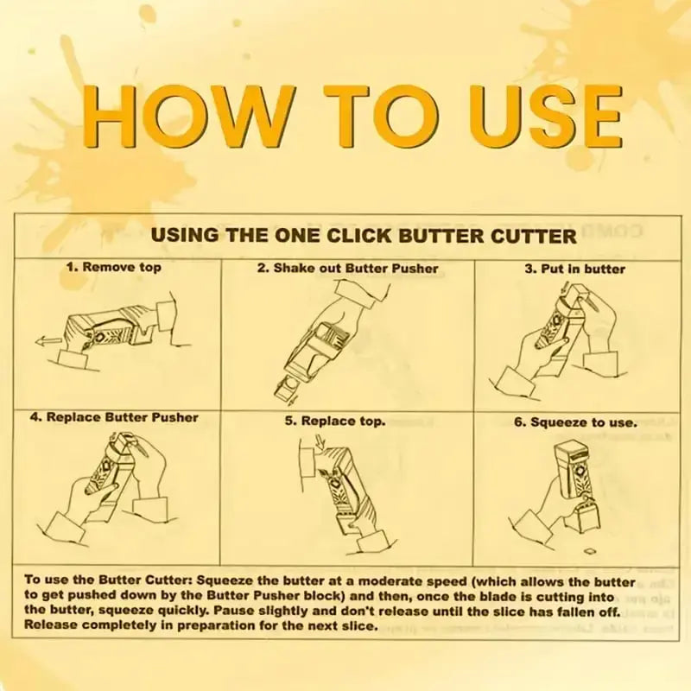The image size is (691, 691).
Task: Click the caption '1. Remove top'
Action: click(x=114, y=268)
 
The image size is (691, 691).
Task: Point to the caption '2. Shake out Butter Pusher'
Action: click(x=347, y=268)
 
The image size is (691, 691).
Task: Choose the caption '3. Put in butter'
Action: click(x=574, y=269)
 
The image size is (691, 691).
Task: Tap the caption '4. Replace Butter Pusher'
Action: click(x=114, y=417)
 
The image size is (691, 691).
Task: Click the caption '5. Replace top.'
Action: click(x=335, y=422)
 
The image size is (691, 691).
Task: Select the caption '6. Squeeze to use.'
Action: click(x=575, y=423)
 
